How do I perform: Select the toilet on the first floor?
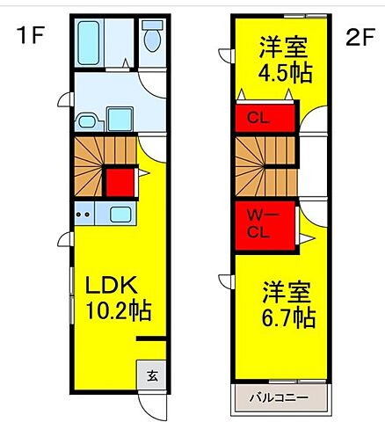point(151,40)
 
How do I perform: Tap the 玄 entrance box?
point(151,375)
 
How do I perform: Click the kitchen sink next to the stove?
point(120,213)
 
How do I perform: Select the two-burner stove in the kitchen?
point(86,213)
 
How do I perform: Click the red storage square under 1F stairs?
point(119,182)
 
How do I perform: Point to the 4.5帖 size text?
point(284,72)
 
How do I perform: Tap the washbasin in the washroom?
point(87,121)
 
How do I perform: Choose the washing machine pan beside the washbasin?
point(119,117)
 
